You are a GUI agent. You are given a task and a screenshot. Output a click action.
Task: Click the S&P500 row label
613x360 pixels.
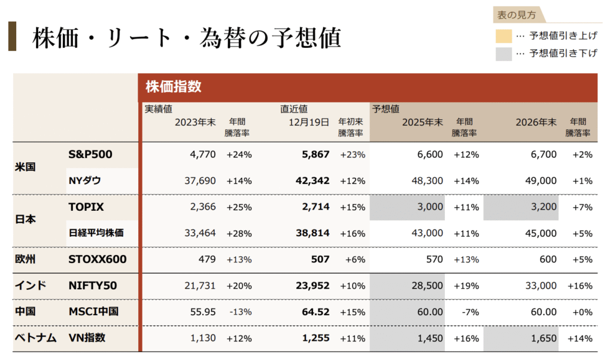[90, 154]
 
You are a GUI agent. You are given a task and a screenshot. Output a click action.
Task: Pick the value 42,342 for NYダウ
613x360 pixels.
[312, 180]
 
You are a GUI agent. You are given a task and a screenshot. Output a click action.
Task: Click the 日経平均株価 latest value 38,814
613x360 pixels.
[312, 233]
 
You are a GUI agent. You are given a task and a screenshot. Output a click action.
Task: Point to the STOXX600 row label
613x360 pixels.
[98, 259]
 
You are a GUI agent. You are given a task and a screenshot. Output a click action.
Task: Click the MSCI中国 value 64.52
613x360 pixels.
[315, 311]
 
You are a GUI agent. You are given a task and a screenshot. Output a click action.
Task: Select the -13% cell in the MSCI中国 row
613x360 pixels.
[239, 311]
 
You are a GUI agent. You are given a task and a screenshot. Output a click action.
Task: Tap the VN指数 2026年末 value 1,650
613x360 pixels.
[544, 338]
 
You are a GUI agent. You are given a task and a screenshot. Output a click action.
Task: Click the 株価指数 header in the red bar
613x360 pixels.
[173, 87]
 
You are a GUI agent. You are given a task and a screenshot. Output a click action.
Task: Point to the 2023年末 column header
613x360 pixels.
[195, 122]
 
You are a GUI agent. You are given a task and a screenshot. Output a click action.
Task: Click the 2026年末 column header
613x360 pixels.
[536, 122]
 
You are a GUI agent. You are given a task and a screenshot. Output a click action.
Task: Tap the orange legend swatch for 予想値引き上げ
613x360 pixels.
[503, 35]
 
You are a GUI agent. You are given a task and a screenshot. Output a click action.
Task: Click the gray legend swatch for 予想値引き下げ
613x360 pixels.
[503, 53]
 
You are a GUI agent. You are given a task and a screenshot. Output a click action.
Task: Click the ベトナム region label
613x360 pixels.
[35, 338]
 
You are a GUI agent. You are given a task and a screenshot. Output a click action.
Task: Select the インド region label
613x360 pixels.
[31, 286]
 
